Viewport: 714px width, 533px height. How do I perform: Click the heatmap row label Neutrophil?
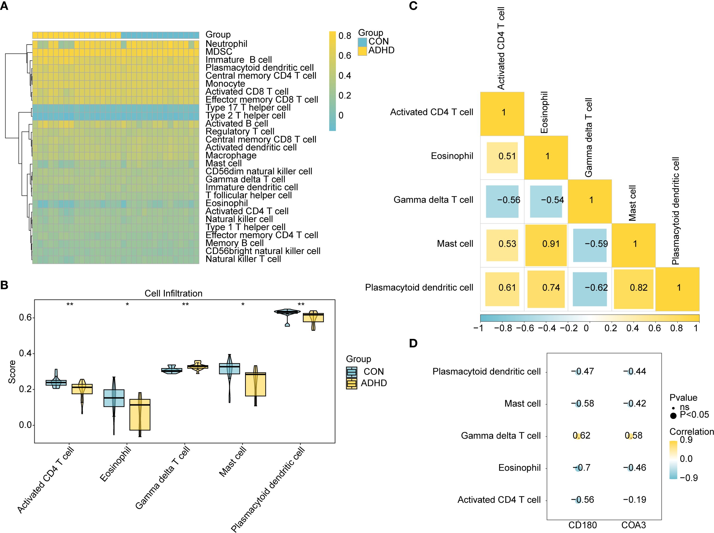tap(226, 44)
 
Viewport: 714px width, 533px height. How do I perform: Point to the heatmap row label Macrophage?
tap(231, 155)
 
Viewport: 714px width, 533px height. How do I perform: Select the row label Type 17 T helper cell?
tap(248, 107)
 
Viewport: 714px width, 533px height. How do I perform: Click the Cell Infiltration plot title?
tap(173, 293)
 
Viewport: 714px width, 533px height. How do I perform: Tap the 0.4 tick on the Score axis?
tap(25, 353)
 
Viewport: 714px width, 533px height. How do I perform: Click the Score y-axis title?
tap(12, 372)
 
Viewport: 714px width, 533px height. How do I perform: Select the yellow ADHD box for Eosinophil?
tap(140, 415)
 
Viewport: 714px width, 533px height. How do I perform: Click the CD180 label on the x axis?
tap(583, 525)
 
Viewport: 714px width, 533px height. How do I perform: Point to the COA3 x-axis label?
tap(634, 525)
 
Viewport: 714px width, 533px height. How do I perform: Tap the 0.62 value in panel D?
tap(582, 435)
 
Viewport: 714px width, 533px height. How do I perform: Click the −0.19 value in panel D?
tap(634, 500)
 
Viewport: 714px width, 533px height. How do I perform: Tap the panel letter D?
tap(413, 343)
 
